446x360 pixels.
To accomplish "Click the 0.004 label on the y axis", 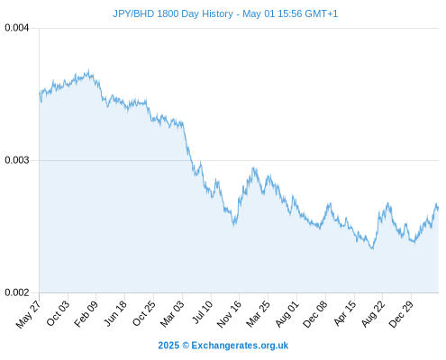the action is click(17, 28).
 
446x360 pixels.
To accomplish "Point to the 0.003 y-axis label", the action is click(17, 160).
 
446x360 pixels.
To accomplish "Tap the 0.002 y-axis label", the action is click(17, 292).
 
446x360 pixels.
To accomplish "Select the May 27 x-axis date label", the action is click(28, 314).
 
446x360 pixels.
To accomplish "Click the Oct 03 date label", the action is click(58, 313).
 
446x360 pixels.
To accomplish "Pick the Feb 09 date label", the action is click(86, 314).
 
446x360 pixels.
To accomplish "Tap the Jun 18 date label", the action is click(115, 313).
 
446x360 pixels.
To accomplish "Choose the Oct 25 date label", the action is click(144, 313).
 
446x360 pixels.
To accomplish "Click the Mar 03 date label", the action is click(172, 314).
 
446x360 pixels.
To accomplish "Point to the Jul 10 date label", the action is click(203, 312).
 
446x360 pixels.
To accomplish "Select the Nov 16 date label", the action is click(229, 314).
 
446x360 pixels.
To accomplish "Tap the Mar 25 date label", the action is click(259, 314).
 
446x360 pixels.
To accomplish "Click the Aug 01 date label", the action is click(287, 313).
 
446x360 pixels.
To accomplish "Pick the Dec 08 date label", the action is click(315, 314).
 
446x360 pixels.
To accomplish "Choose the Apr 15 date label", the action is click(345, 313).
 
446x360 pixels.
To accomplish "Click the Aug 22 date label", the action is click(373, 314).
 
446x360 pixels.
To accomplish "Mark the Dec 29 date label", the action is click(401, 314).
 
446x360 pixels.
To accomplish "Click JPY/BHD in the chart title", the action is click(133, 13).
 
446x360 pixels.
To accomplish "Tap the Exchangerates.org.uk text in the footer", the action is click(240, 346).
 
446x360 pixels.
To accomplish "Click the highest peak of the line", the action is click(88, 70).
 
